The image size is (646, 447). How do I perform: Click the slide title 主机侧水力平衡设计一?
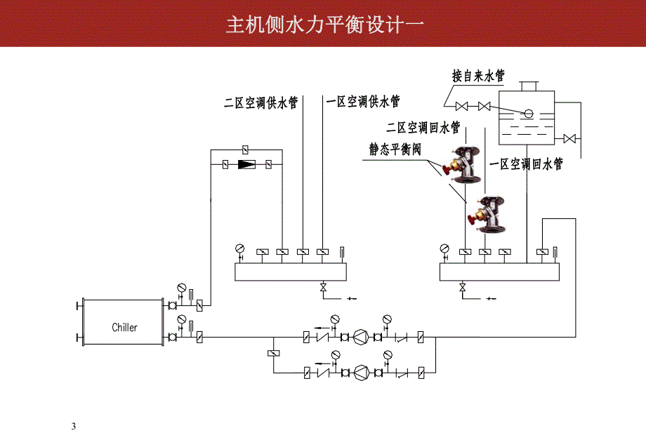coord(324,25)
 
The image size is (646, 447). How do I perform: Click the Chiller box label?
coord(125,327)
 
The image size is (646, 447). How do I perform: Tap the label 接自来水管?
coord(477,76)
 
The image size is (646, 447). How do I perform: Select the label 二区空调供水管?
coord(261,103)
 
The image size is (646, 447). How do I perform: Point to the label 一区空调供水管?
coord(363,102)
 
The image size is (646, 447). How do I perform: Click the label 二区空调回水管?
coord(423,128)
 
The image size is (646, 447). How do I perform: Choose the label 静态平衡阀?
coord(395,149)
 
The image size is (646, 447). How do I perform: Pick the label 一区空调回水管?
coord(526,164)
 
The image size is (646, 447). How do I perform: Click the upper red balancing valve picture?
coord(461,162)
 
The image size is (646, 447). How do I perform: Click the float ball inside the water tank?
coord(528,113)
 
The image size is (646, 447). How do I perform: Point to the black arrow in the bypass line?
coord(247,165)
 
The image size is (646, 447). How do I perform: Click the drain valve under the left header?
coord(324,288)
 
